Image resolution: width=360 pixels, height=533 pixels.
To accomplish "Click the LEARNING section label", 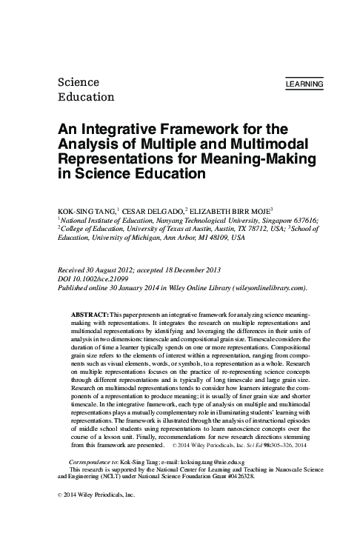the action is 304,85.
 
